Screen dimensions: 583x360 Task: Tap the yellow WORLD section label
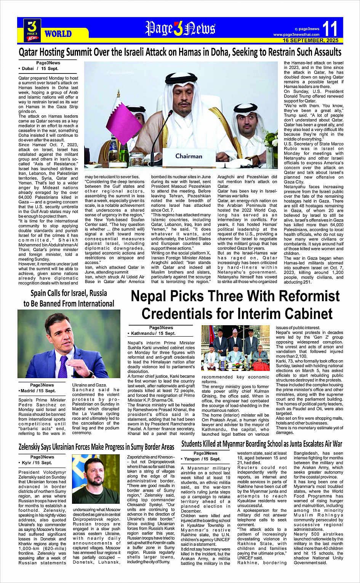58,34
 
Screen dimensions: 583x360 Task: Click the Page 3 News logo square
32,30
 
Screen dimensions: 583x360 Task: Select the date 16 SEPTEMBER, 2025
310,40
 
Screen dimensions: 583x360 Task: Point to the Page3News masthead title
180,29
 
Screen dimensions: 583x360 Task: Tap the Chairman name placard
189,156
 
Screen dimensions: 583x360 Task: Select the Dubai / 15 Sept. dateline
38,69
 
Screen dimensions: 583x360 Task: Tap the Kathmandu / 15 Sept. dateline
151,333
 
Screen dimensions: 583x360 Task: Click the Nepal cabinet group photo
235,348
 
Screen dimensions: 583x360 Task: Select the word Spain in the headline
38,293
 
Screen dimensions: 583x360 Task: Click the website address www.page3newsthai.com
296,35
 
